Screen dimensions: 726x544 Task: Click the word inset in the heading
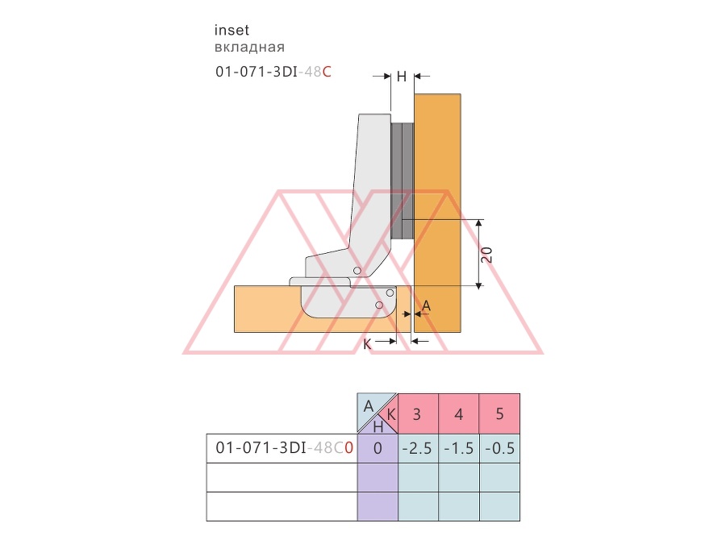(232, 31)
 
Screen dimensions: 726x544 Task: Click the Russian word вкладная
(249, 48)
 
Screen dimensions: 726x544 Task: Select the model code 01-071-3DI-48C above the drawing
(273, 72)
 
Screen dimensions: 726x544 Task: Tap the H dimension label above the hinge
(402, 77)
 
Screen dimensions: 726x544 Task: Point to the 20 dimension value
(486, 255)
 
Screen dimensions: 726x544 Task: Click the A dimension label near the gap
(426, 305)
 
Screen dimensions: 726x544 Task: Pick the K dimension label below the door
(367, 344)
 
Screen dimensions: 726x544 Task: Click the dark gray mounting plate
(403, 181)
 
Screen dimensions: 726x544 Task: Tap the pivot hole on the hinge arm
(357, 271)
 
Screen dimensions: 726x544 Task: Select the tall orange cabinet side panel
(437, 214)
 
